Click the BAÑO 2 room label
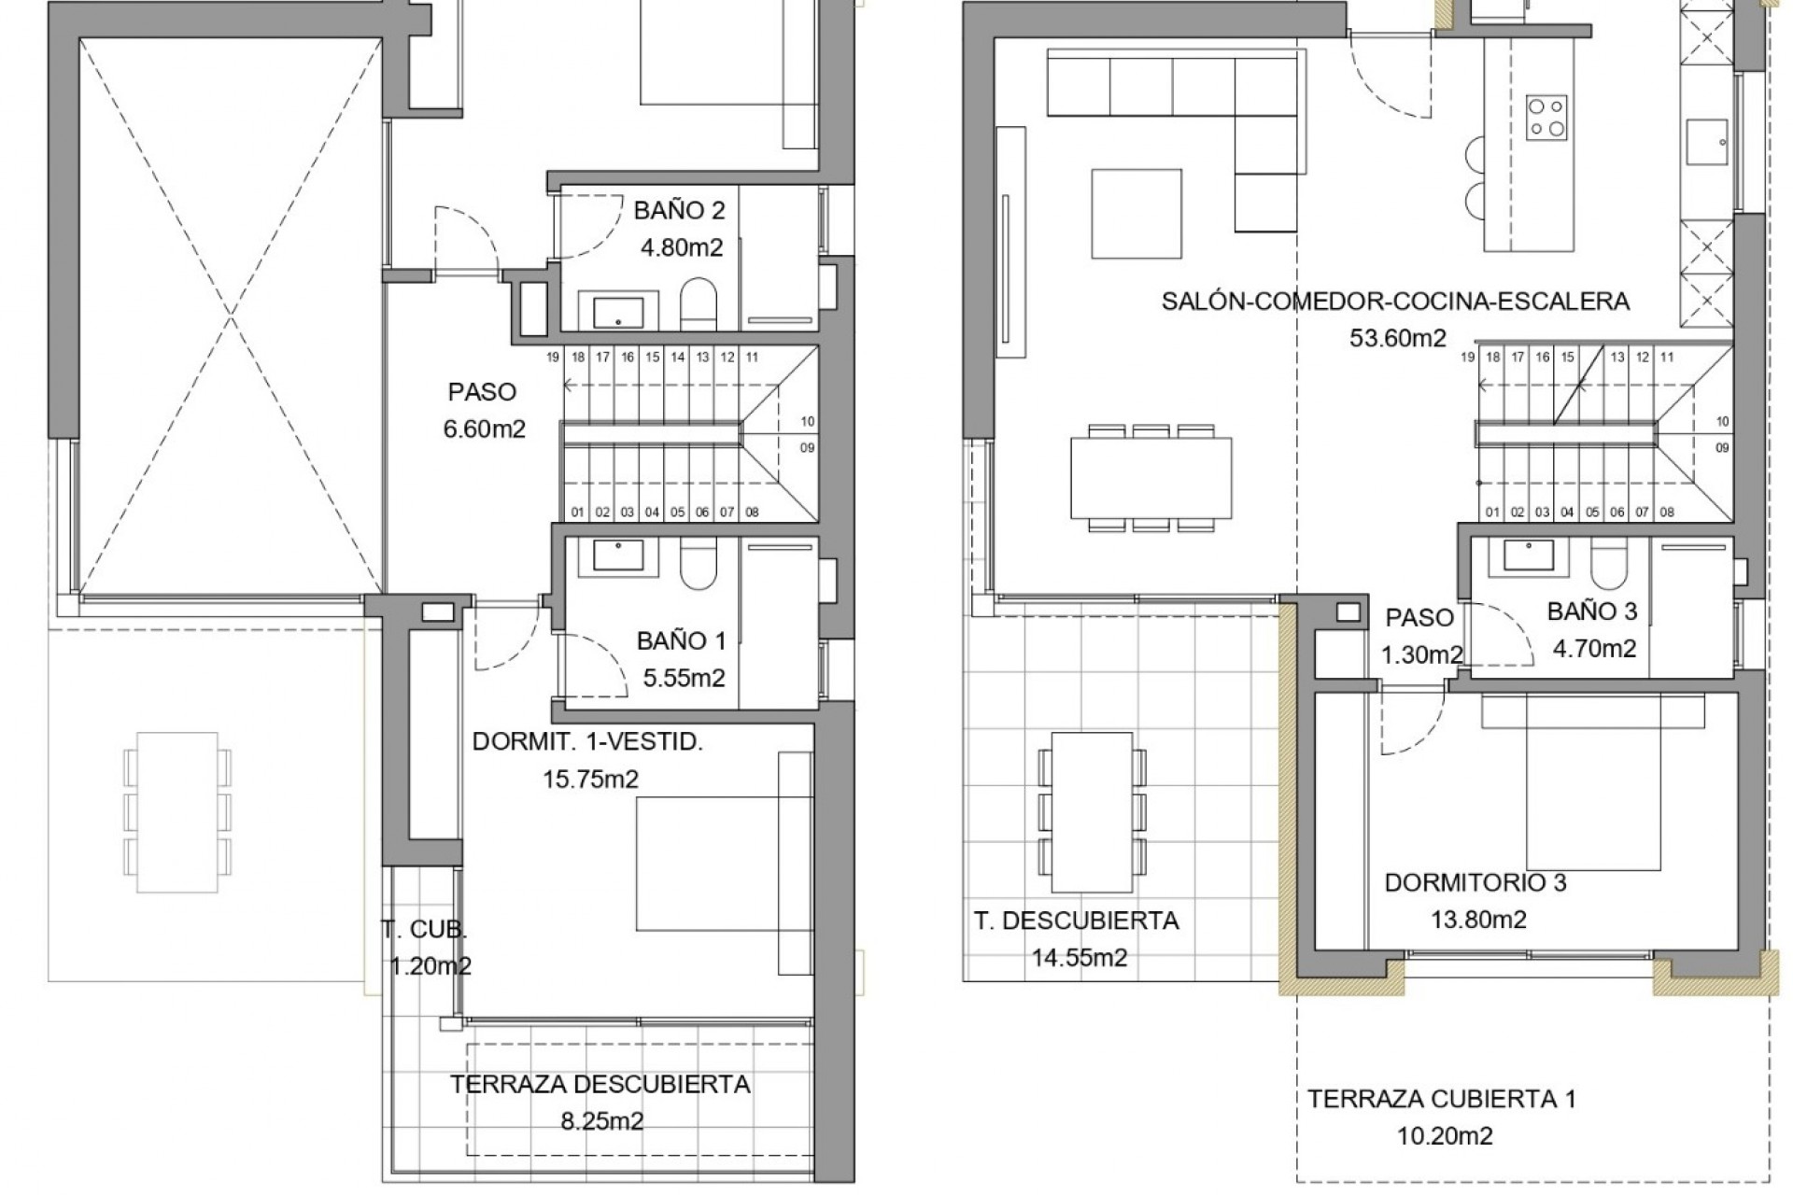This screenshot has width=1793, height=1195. point(679,210)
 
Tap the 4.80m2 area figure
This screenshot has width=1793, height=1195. point(681,248)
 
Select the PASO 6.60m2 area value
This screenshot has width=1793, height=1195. point(485,429)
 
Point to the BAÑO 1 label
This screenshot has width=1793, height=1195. point(681,640)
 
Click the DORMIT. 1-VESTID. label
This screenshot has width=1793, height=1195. point(587,742)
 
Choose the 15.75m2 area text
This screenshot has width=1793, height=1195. point(591,779)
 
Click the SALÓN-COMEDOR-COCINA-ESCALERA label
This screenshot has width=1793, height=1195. point(1395,301)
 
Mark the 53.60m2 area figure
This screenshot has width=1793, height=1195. point(1397,338)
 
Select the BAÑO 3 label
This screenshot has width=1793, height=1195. point(1592,612)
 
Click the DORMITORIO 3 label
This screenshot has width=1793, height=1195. point(1475,882)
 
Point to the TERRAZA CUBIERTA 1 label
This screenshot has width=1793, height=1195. point(1442,1099)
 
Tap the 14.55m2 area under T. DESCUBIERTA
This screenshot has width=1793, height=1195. point(1079,958)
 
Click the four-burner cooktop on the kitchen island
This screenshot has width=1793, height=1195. point(1546,118)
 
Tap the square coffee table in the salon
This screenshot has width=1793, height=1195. point(1137,213)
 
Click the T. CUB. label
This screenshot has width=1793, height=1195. point(424,929)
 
